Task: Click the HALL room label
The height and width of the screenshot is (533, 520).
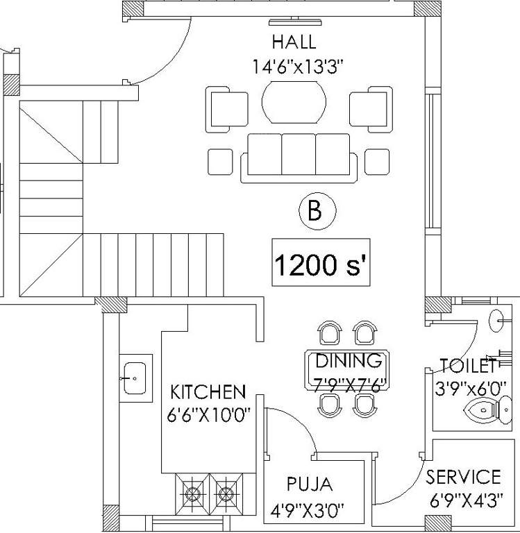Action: click(294, 42)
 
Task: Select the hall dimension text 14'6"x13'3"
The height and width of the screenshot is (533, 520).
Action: click(299, 67)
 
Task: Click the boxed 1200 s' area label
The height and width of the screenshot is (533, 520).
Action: click(320, 265)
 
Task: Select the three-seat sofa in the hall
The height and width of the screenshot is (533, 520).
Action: click(299, 157)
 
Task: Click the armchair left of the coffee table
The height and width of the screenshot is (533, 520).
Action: click(226, 110)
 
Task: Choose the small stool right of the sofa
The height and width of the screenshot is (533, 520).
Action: click(377, 162)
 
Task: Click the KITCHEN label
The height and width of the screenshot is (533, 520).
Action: click(208, 393)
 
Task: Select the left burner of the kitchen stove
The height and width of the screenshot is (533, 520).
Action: click(192, 493)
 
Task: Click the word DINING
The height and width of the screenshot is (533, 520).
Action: click(349, 361)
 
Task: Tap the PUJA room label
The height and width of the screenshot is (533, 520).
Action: click(310, 484)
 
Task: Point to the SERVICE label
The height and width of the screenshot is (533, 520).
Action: click(463, 477)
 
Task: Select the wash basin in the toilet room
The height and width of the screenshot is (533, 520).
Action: click(496, 321)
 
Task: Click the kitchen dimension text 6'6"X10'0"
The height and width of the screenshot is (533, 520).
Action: click(208, 415)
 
